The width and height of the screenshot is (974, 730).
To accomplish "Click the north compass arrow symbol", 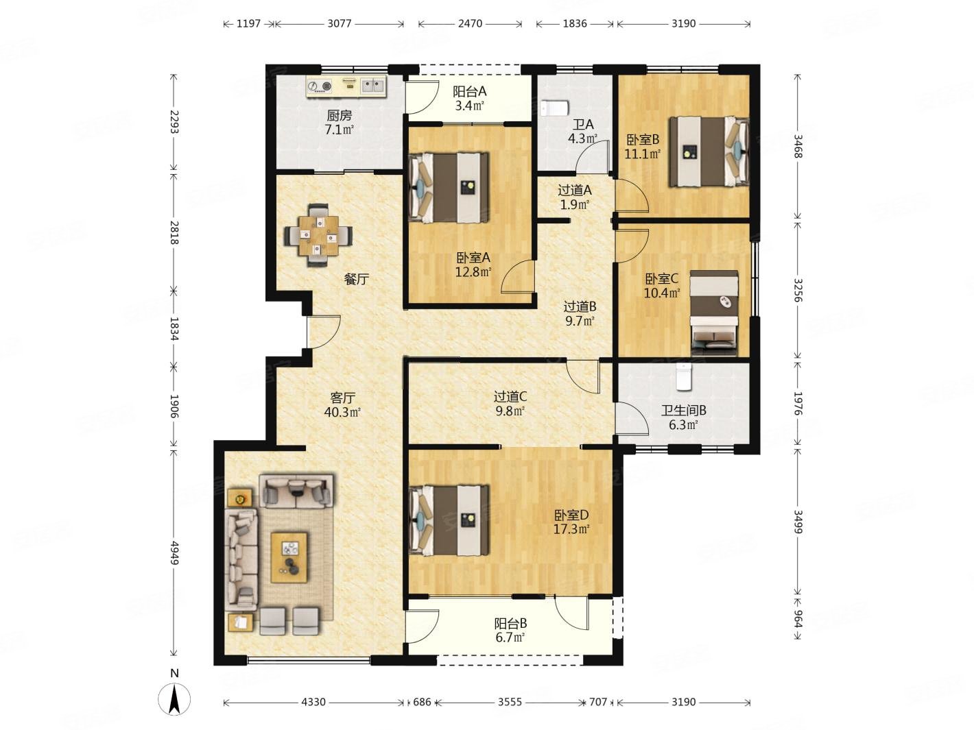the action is [x=174, y=698].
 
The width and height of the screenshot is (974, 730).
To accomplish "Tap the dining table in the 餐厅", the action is [x=318, y=235].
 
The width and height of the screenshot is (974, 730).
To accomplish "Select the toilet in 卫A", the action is [x=554, y=108].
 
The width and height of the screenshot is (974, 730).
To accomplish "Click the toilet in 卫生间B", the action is [x=683, y=376].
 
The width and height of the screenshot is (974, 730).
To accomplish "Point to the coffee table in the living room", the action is [x=289, y=557].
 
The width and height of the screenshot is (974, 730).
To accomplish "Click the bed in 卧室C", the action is [x=715, y=313].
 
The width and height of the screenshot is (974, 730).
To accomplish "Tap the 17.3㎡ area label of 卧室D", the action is [x=571, y=529].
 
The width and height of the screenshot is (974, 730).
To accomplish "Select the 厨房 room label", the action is [x=340, y=115].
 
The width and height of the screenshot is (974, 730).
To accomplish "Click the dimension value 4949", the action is [x=174, y=552].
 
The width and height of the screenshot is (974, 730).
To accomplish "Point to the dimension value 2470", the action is [x=470, y=23].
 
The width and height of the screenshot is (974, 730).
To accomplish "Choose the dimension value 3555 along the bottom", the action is [x=510, y=702].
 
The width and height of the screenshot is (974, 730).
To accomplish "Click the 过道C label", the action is [x=510, y=396].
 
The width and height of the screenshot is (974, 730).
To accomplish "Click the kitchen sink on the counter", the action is [x=372, y=86].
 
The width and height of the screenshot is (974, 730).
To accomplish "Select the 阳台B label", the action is [x=511, y=624].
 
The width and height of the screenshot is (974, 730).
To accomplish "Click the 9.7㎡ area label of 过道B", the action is [x=580, y=321].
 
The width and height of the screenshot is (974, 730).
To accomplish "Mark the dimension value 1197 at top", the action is [x=248, y=23].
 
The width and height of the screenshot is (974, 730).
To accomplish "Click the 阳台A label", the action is [x=469, y=91].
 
